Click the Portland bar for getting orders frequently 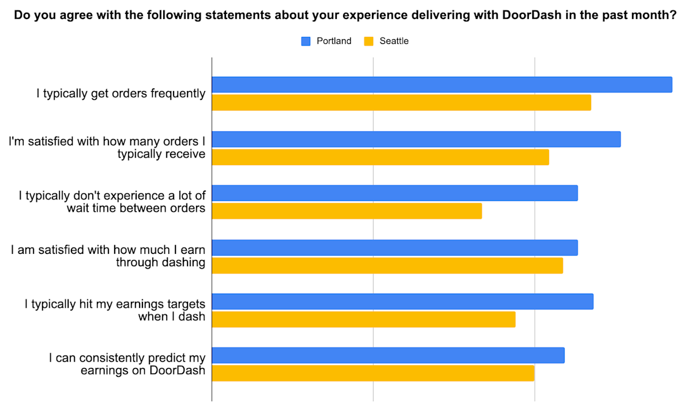coord(442,85)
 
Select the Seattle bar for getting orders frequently coord(401,103)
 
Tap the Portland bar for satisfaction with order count coord(416,139)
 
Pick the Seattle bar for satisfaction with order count coord(380,157)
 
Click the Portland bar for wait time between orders coord(394,193)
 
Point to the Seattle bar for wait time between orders coord(347,211)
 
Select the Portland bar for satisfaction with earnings coord(394,248)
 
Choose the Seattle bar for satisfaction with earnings coord(387,265)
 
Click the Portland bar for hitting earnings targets coord(403,302)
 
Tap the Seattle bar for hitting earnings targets coord(363,320)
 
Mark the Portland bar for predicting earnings coord(388,355)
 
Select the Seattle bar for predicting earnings coord(373,373)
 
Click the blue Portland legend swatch coord(306,41)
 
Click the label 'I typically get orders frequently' coord(121,93)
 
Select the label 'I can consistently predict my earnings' coord(127,364)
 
